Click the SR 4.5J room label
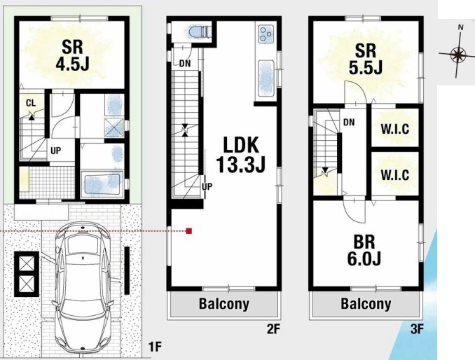click(72, 55)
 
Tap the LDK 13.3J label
click(240, 155)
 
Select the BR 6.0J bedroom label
click(364, 250)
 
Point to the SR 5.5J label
click(365, 59)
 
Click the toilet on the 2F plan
click(199, 32)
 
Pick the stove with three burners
click(266, 34)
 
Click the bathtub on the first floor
click(102, 184)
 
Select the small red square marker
click(188, 231)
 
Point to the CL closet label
click(31, 103)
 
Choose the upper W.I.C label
click(394, 130)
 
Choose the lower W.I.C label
click(394, 175)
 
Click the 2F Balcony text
click(224, 304)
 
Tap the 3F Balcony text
click(366, 304)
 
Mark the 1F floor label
click(155, 347)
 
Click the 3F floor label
click(417, 329)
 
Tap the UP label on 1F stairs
click(55, 151)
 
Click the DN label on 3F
click(349, 123)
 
